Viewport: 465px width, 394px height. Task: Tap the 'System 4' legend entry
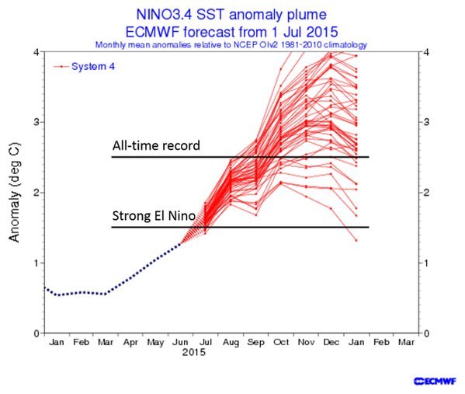(x=92, y=66)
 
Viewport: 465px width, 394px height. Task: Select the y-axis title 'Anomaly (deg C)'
(x=14, y=192)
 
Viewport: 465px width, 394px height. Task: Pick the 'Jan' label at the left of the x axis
(x=56, y=341)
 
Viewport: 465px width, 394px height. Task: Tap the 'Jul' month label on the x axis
(x=206, y=341)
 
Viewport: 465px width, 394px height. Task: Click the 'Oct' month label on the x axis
(x=283, y=341)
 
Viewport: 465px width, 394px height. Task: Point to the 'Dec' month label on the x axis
(x=332, y=341)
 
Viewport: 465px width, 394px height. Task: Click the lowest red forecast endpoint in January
(x=356, y=240)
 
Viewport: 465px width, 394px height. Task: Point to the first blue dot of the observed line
(x=44, y=288)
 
